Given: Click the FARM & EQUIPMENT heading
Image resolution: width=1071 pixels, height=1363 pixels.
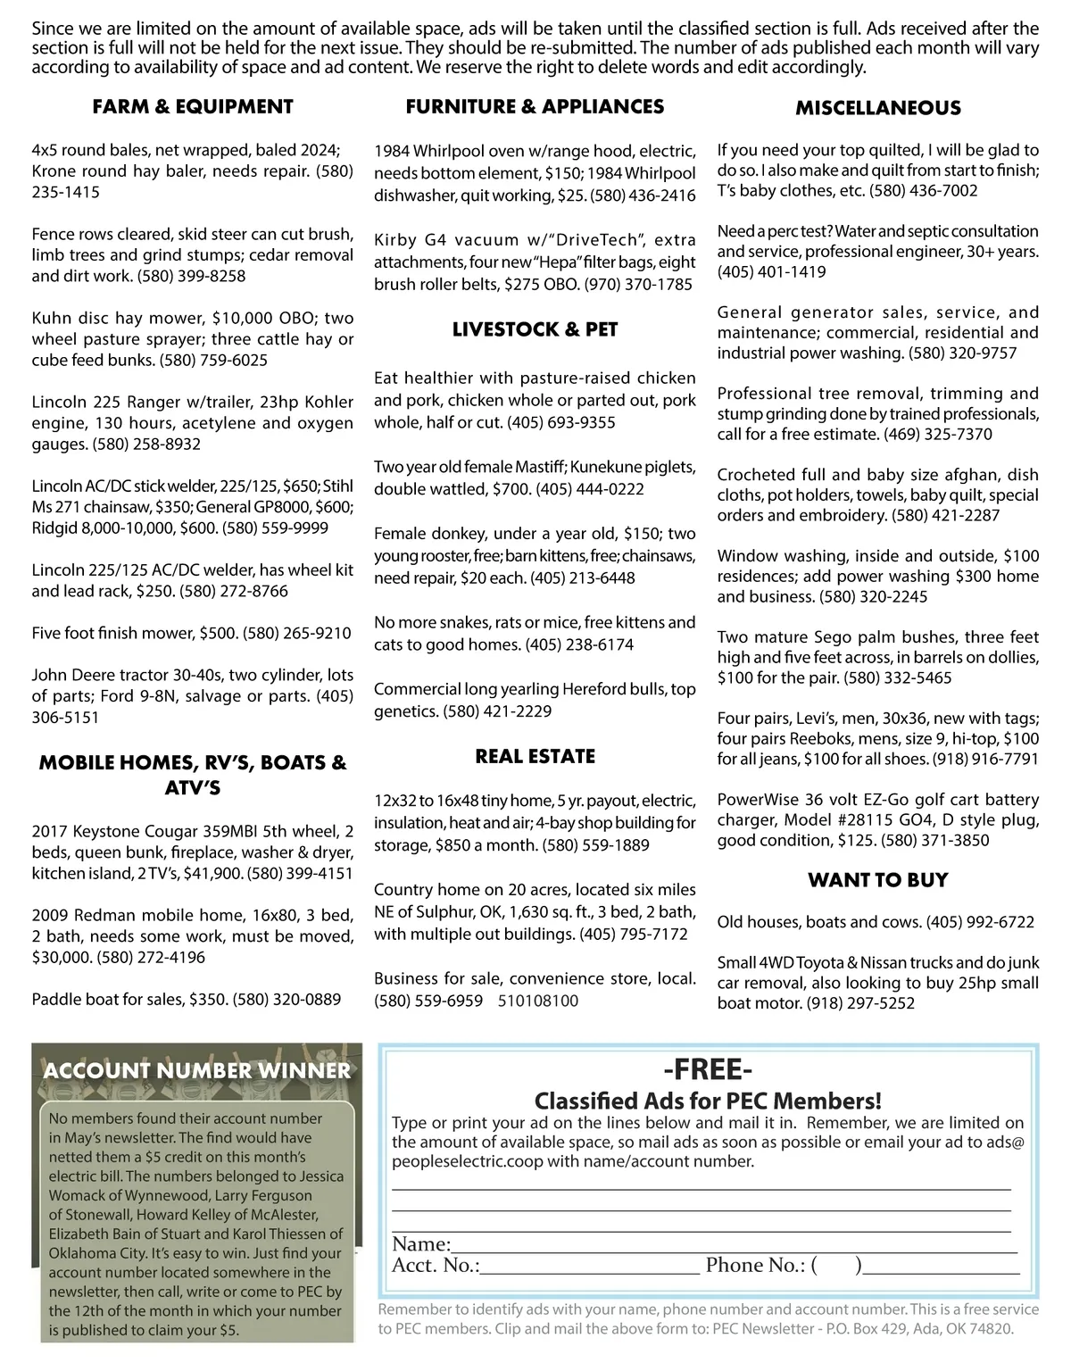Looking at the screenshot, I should click(193, 107).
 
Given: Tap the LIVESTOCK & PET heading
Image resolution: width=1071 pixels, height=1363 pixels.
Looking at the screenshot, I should click(535, 329).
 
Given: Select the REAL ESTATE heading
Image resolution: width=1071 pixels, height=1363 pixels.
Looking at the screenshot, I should click(535, 756).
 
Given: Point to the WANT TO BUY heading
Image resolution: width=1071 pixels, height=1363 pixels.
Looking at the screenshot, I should click(877, 880).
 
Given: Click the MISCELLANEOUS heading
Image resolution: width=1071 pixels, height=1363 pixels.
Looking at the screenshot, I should click(878, 108).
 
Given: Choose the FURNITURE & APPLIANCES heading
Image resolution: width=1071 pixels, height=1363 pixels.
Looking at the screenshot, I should click(535, 107).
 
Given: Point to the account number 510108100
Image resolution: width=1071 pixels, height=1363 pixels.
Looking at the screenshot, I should click(538, 1001).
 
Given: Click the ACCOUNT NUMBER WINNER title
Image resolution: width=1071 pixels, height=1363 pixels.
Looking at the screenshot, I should click(197, 1070).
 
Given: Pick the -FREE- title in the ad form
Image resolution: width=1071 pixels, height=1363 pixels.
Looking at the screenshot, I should click(708, 1069).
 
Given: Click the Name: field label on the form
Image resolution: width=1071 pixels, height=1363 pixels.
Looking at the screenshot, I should click(421, 1244).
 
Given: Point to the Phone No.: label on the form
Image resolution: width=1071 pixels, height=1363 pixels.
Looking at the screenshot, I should click(755, 1265).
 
